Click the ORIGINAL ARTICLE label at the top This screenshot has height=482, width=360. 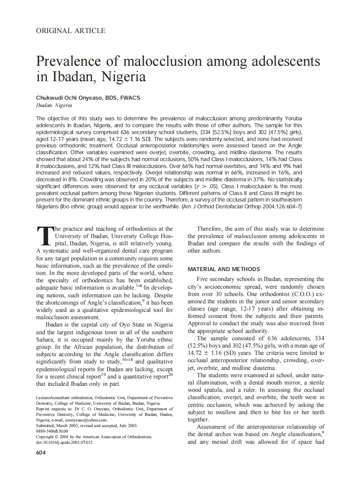point(70,31)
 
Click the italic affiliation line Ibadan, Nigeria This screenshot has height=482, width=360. point(54,105)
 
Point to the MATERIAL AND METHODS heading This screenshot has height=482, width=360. point(224,269)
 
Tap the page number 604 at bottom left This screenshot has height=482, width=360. point(41,452)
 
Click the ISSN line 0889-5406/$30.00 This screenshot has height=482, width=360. point(52,431)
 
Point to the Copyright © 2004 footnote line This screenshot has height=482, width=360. point(94,436)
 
